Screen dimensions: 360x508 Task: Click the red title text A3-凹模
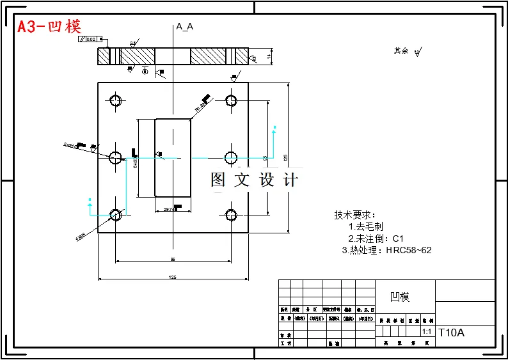tap(49, 27)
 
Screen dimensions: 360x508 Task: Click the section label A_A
tap(185, 26)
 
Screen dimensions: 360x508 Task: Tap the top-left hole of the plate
tap(116, 100)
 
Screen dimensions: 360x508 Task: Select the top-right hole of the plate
tap(231, 100)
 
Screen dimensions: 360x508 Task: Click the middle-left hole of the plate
tap(116, 157)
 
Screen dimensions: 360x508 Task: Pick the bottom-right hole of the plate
tap(231, 215)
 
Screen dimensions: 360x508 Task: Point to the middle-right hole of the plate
tap(231, 157)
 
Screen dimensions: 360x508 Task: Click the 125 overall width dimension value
tap(173, 278)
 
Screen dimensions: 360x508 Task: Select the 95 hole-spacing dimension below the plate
tap(173, 259)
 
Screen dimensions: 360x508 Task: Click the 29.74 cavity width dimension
tap(169, 209)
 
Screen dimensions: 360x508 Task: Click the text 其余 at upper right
tap(401, 51)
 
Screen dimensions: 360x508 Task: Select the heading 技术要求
tap(355, 215)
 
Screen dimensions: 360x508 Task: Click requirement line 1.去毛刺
tap(365, 226)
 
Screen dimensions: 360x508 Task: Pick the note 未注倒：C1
tap(376, 238)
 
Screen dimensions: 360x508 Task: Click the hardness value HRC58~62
tap(409, 250)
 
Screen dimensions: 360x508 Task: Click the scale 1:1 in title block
tap(427, 333)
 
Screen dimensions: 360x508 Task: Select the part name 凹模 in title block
tap(400, 297)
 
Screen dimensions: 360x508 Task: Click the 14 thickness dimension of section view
tap(269, 57)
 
